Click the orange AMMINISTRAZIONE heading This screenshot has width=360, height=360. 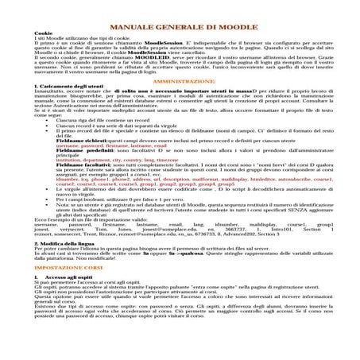pyautogui.click(x=180, y=82)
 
